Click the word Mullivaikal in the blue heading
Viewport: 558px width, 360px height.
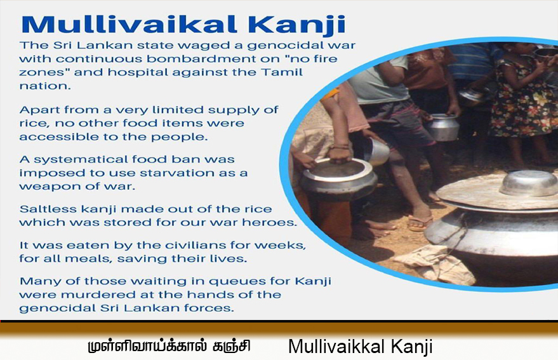[x=129, y=24]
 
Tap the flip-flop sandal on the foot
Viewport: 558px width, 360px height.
[x=420, y=223]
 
